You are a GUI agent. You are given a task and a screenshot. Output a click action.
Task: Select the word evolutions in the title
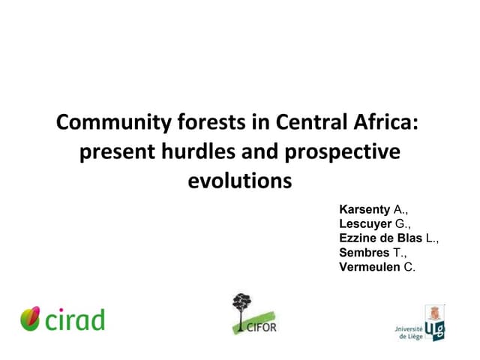tap(239, 181)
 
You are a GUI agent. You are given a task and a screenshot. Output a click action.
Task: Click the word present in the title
tap(112, 151)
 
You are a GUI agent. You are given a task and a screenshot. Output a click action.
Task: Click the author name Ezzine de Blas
tap(382, 238)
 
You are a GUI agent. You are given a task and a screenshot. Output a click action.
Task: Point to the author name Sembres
tap(364, 253)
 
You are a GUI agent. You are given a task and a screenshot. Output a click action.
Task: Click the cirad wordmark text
tap(73, 319)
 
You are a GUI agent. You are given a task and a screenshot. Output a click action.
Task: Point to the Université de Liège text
tap(408, 332)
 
